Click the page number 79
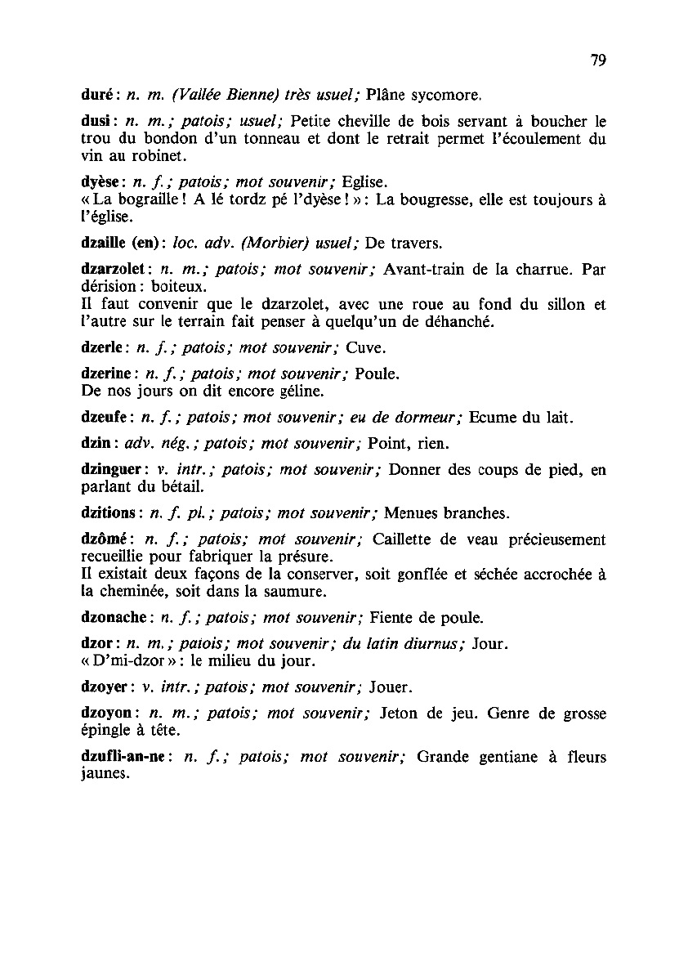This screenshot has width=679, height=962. click(x=597, y=60)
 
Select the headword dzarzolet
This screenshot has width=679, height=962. click(x=113, y=267)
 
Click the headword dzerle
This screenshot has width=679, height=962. click(x=101, y=348)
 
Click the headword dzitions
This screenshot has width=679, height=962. click(x=109, y=513)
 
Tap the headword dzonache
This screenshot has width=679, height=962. click(x=114, y=616)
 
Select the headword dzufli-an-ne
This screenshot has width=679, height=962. click(x=124, y=757)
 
